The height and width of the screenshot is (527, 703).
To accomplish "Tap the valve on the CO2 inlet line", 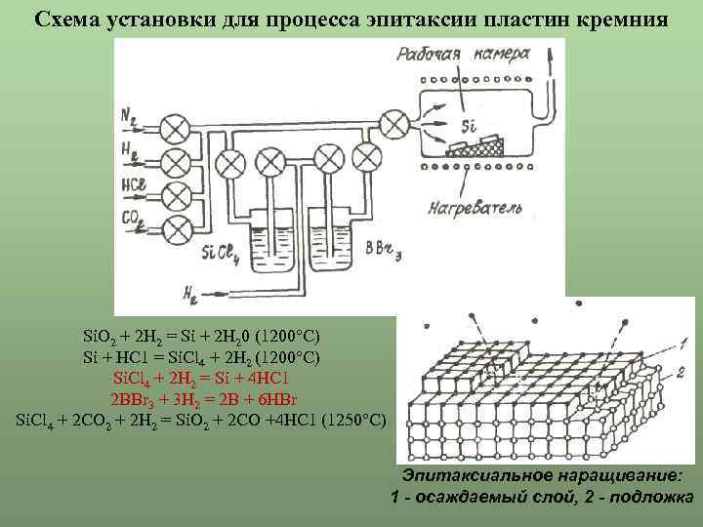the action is [176, 230].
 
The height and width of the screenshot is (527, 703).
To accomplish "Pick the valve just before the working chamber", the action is [393, 123].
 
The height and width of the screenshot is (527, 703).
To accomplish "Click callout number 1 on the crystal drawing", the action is [683, 343].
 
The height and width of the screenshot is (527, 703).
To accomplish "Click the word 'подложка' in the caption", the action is [647, 497].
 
